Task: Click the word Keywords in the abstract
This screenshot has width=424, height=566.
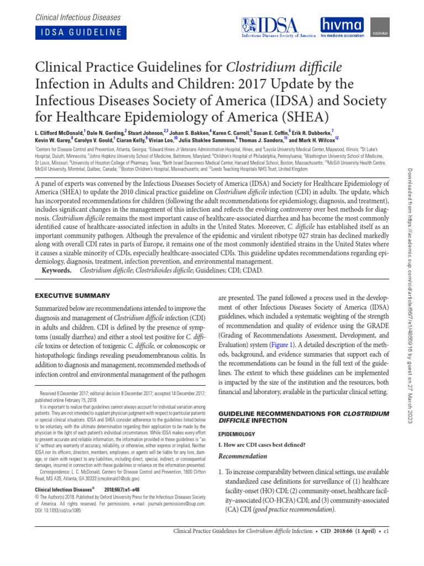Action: pos(56,271)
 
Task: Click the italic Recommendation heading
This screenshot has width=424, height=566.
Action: pos(243,457)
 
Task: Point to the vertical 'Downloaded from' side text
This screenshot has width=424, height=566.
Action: pos(411,298)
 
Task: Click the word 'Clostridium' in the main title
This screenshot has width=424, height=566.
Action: pos(263,67)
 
